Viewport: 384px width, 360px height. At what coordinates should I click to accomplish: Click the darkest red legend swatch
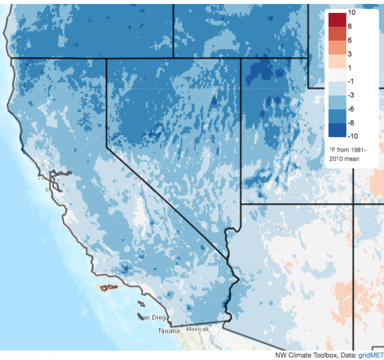point(337,19)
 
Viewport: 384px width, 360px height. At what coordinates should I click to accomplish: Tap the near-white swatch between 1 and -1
point(337,74)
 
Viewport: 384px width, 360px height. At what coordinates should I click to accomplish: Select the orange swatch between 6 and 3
point(337,47)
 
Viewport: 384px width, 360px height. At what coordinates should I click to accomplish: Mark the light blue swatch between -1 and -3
point(337,88)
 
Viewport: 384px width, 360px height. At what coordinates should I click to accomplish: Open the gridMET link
point(372,354)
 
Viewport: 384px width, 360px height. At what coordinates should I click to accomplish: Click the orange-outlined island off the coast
point(106,288)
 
